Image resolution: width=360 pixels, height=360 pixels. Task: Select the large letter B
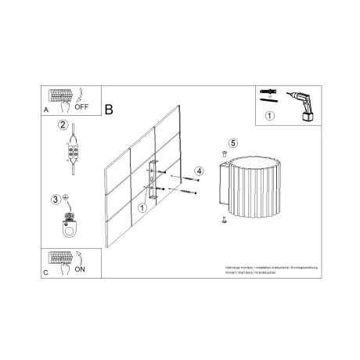pos(109,111)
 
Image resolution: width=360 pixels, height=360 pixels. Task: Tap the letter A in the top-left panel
pos(46,112)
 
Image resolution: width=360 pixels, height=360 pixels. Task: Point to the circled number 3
pos(56,199)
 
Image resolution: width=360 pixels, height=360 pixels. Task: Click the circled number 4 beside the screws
pos(200,170)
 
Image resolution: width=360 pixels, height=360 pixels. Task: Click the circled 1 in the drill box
pos(270,117)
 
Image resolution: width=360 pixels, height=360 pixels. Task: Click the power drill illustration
pos(302,106)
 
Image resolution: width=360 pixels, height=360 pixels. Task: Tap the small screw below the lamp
pos(225,221)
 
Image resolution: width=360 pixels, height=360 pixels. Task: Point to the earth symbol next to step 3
pos(67,196)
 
